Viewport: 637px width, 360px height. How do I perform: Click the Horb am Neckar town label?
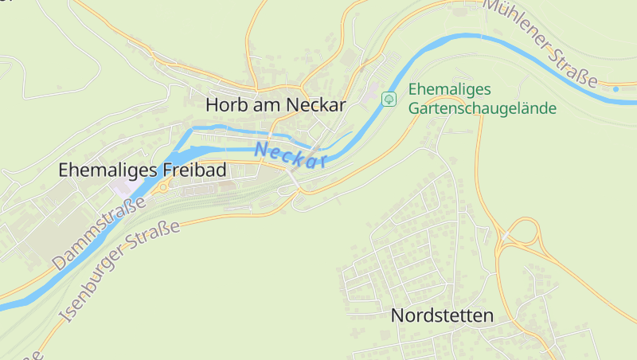click(x=276, y=104)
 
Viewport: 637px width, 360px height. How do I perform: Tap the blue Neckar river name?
click(x=291, y=155)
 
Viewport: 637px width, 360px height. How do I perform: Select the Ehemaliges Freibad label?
click(x=143, y=170)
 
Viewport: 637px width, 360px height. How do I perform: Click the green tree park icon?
click(x=389, y=99)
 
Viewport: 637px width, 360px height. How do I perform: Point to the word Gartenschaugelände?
click(x=483, y=108)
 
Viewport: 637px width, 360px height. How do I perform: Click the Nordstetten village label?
click(x=442, y=315)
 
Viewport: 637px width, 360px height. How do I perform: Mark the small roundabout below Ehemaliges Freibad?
click(x=163, y=188)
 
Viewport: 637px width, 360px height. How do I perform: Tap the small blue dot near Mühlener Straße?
click(x=616, y=88)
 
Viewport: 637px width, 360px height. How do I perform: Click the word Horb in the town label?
click(x=224, y=104)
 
